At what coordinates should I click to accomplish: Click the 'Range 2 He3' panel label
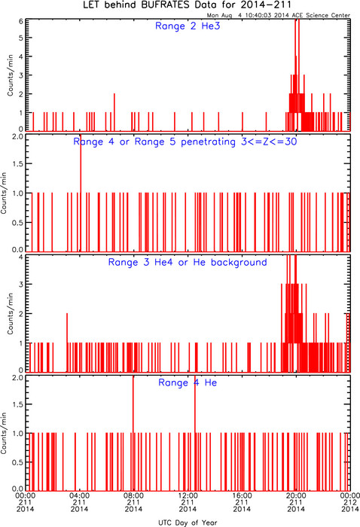click(188, 26)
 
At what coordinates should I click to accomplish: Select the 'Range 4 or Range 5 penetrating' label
click(154, 142)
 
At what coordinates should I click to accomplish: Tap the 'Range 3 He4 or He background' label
click(188, 262)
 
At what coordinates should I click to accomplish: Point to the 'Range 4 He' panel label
click(188, 382)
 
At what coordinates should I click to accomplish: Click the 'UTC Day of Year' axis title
click(188, 522)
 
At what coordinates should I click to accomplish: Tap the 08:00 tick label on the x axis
click(133, 495)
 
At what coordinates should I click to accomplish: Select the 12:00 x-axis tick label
click(188, 495)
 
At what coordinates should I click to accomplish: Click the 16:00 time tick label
click(242, 495)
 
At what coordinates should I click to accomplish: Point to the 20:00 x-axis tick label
click(296, 495)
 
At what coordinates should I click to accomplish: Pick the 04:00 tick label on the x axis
click(79, 495)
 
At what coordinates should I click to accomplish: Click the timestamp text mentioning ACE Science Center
click(279, 15)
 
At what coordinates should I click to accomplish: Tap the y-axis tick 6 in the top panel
click(21, 21)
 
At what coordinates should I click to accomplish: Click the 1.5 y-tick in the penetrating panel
click(18, 163)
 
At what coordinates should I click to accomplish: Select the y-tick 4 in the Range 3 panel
click(21, 257)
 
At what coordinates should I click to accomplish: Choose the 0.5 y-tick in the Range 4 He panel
click(18, 462)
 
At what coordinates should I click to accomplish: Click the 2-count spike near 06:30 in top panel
click(114, 112)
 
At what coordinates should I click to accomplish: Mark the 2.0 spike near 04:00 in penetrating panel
click(81, 193)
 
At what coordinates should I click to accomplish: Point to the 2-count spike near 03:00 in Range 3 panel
click(67, 343)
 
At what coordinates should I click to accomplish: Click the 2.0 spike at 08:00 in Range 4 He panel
click(133, 434)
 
